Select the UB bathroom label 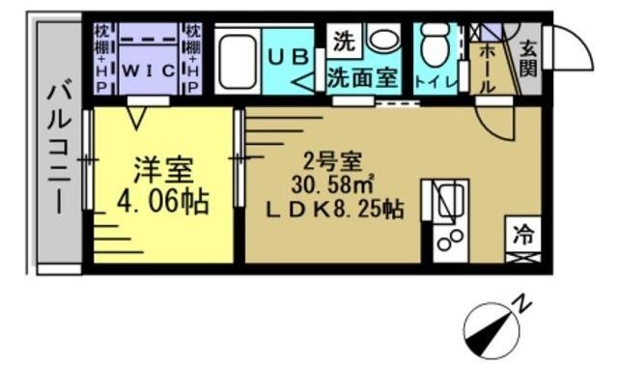coord(291,57)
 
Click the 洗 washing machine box coord(343,41)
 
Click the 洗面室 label coord(362,78)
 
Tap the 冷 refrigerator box coord(522,234)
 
